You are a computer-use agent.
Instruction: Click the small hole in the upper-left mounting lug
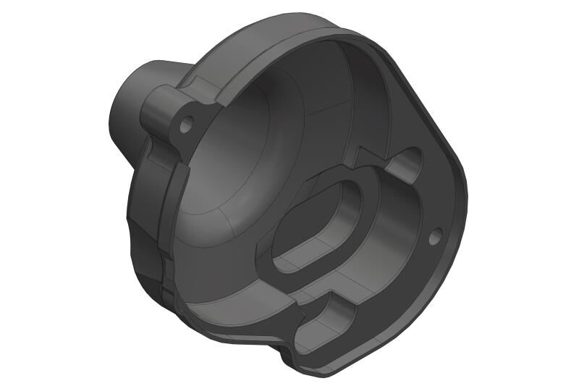186,125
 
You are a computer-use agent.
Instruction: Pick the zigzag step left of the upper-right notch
365,156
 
